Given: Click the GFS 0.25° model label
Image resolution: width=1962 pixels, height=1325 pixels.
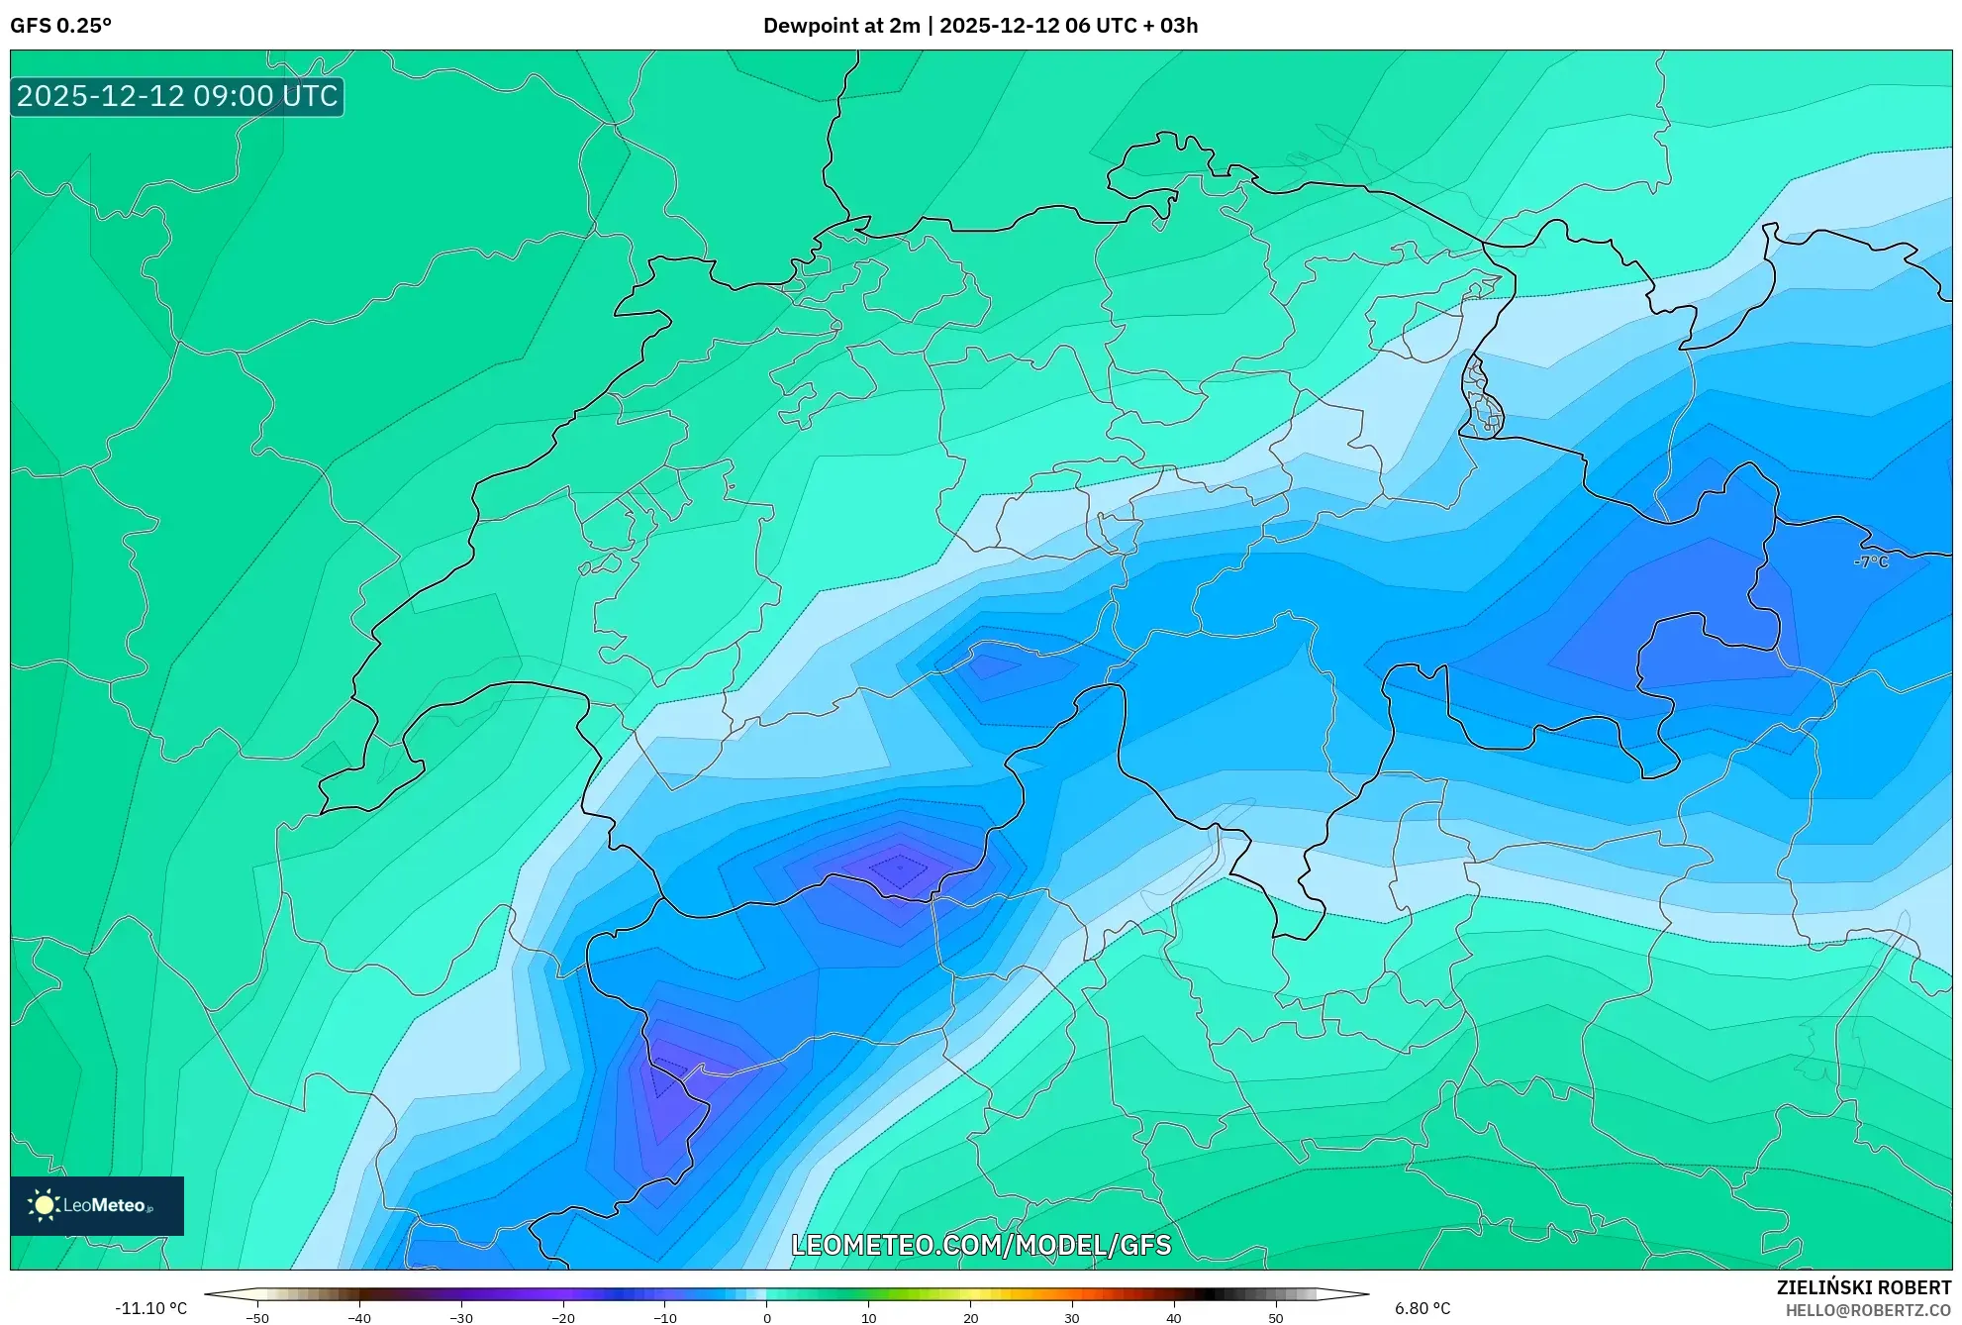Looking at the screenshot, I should [x=60, y=26].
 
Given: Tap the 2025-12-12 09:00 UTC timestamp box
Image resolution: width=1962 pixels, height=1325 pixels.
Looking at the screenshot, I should [x=177, y=96].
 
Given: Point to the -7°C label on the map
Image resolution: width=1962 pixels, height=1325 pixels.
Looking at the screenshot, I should [x=1870, y=561].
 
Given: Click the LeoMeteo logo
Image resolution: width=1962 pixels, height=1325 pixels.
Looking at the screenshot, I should [x=97, y=1205].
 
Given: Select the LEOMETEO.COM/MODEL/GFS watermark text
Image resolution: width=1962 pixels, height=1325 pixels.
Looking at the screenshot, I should [x=980, y=1245].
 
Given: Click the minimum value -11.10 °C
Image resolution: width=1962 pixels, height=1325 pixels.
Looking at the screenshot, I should [x=150, y=1308].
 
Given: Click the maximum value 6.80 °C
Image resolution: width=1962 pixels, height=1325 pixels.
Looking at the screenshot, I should [x=1422, y=1308].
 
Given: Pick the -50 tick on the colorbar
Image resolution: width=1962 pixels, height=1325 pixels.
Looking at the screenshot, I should [x=257, y=1318].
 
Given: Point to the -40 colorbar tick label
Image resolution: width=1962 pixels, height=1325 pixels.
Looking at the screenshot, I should [x=359, y=1318].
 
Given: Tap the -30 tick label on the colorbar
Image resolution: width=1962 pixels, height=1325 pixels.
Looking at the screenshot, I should [x=461, y=1318].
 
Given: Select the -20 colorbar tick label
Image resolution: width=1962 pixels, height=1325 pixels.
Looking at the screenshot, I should [x=563, y=1318].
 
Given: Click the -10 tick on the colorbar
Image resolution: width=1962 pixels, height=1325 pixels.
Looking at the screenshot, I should [x=665, y=1318].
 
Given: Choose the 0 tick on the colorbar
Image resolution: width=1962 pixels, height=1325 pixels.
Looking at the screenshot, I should [x=767, y=1318].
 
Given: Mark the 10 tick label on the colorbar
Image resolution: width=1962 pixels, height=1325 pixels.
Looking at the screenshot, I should [x=868, y=1318].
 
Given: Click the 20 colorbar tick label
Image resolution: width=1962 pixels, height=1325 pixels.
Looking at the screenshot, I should [x=970, y=1318].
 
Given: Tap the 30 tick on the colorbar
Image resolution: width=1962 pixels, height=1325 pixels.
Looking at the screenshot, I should [x=1072, y=1318].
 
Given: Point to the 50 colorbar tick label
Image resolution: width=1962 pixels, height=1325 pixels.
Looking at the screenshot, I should [x=1276, y=1318].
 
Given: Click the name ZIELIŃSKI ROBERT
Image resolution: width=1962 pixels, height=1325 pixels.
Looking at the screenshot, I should [x=1864, y=1287].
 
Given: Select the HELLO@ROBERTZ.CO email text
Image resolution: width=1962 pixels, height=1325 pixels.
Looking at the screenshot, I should [x=1868, y=1310].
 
